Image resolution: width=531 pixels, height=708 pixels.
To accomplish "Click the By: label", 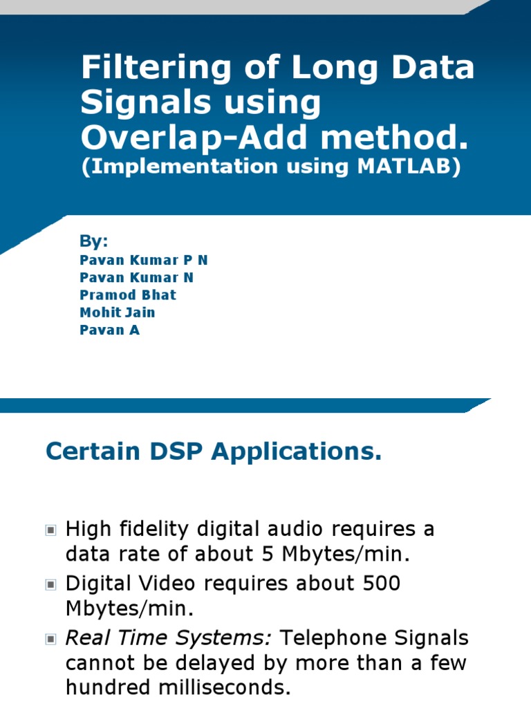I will pyautogui.click(x=94, y=241).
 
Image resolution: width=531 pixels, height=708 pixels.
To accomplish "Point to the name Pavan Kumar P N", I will pyautogui.click(x=144, y=260).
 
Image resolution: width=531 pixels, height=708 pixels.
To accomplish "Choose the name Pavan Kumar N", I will pyautogui.click(x=137, y=277).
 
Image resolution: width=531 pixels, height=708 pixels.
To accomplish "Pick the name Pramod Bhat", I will pyautogui.click(x=128, y=295).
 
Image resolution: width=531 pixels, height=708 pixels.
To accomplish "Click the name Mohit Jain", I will pyautogui.click(x=118, y=312).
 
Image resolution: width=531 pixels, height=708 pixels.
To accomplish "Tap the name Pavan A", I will pyautogui.click(x=110, y=329).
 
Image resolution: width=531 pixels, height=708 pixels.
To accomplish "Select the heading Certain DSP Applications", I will pyautogui.click(x=214, y=452).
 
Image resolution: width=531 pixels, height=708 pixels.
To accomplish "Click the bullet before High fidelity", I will pyautogui.click(x=50, y=530).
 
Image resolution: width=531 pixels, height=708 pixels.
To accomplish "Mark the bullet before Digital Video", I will pyautogui.click(x=50, y=585).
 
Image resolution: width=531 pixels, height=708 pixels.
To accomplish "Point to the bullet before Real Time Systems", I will pyautogui.click(x=50, y=639).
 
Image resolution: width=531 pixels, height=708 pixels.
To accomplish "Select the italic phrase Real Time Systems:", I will pyautogui.click(x=168, y=637).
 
